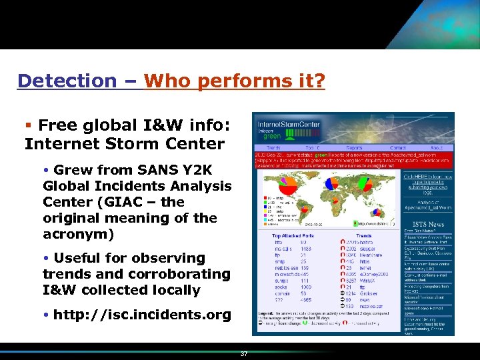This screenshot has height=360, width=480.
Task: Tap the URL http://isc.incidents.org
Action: pos(142,314)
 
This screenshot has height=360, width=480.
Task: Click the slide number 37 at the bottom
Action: pos(244,354)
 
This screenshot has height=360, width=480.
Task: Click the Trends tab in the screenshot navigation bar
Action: pos(273,147)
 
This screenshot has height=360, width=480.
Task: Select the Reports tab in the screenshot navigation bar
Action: pos(354,147)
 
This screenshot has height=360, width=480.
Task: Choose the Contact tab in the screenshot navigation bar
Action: pos(397,147)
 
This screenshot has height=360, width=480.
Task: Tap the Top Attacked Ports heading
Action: pos(293,235)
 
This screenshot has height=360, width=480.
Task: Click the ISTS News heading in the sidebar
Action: pos(428,224)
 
